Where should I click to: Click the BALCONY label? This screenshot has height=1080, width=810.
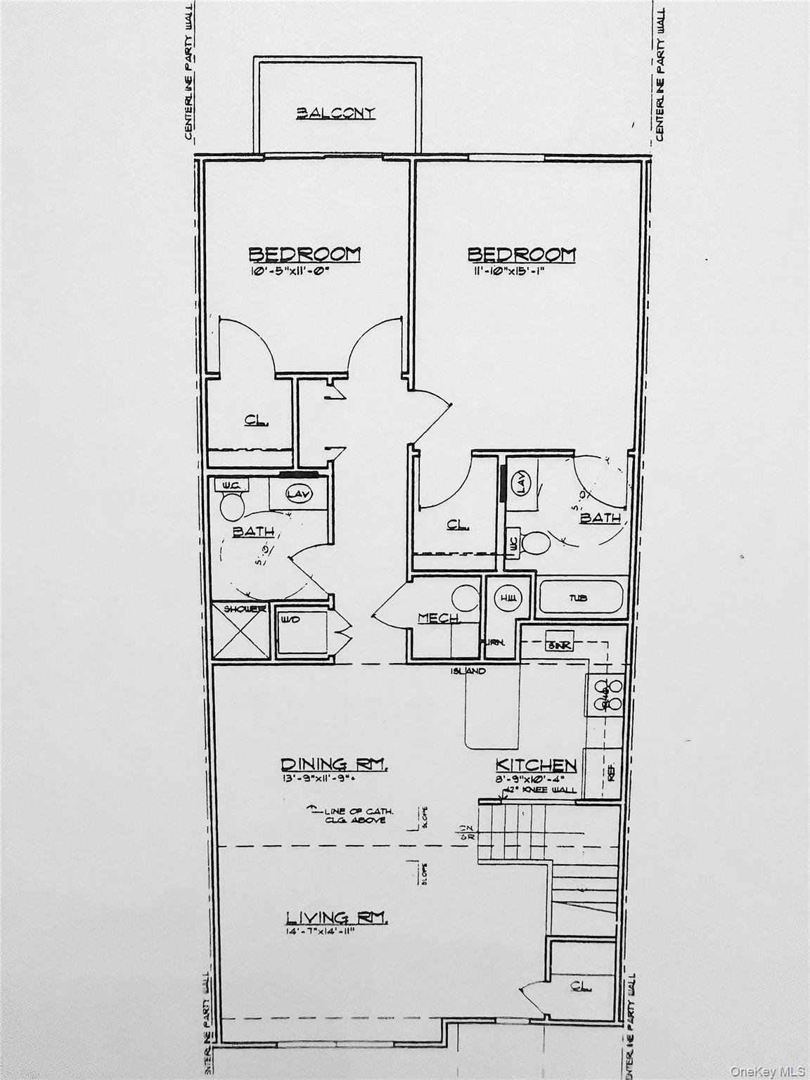335,112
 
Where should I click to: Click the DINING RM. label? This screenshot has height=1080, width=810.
334,764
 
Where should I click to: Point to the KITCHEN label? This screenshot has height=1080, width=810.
536,765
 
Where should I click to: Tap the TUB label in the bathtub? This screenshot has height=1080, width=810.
579,598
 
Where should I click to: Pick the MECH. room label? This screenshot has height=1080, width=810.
439,618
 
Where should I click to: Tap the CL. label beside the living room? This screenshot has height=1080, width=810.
581,986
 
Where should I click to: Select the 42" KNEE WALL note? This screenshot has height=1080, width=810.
541,790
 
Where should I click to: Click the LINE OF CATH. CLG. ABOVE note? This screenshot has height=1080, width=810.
354,816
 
